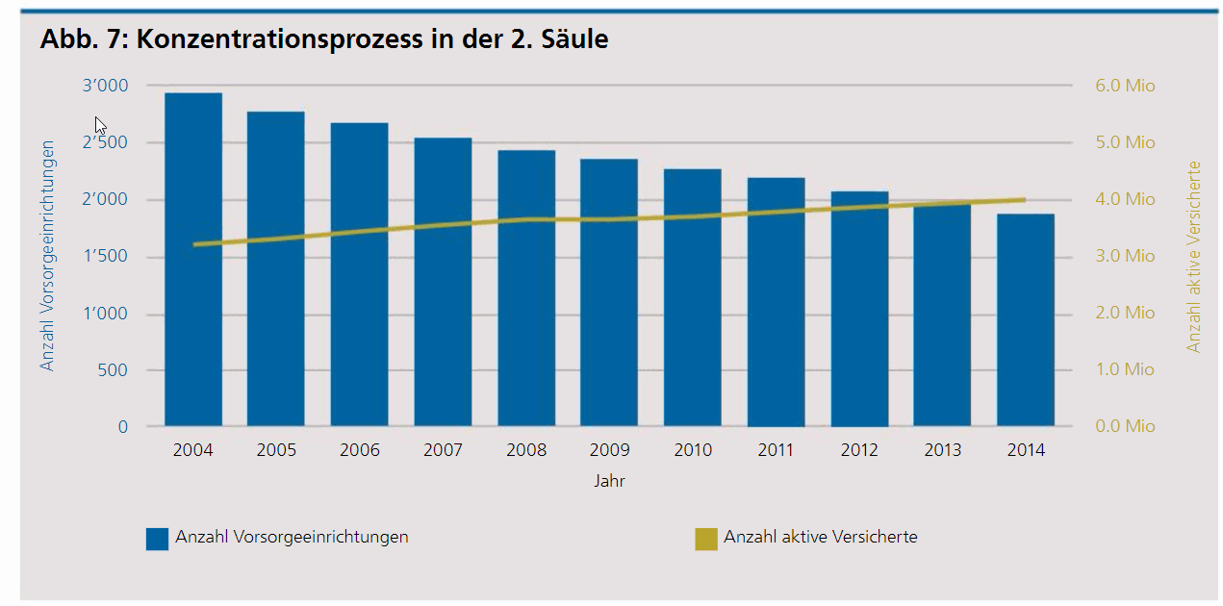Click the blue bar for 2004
[x=193, y=289]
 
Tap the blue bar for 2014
[x=1026, y=327]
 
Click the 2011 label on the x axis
[x=776, y=450]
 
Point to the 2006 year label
[x=360, y=450]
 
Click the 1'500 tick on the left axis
[x=106, y=257]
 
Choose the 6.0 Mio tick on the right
[x=1125, y=87]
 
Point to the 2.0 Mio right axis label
[x=1125, y=314]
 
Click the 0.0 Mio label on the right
[x=1125, y=426]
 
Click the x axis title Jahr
[x=609, y=481]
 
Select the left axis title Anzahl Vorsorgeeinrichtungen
[x=47, y=256]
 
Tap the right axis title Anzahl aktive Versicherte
[x=1194, y=256]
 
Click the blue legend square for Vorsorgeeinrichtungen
[x=157, y=539]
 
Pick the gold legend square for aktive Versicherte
[x=706, y=539]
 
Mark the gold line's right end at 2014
[x=1025, y=200]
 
